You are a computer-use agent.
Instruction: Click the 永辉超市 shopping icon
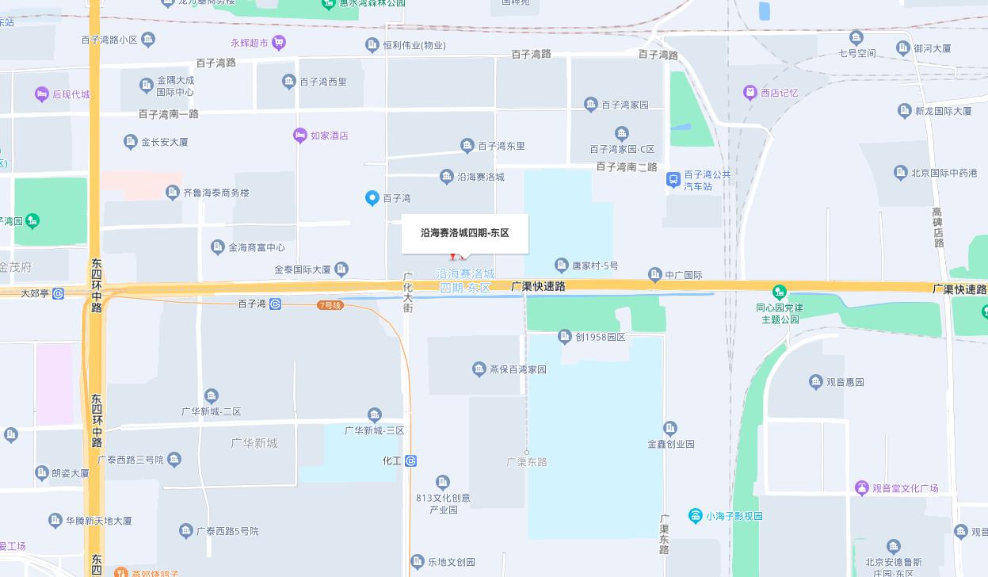point(277,43)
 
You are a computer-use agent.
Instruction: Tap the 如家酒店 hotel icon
point(299,136)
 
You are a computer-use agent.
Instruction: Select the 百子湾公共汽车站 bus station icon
point(673,180)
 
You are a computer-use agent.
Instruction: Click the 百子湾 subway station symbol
point(275,304)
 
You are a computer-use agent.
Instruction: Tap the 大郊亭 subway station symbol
point(58,293)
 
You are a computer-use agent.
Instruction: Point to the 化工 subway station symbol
point(410,460)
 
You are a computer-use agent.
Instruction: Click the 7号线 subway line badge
point(330,305)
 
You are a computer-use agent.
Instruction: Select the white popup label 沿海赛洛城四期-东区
point(464,233)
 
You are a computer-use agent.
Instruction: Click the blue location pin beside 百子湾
point(372,198)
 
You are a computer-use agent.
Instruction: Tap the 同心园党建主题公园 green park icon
point(780,292)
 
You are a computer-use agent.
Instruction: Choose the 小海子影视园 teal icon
point(695,516)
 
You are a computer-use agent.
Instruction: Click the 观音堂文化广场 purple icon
point(862,488)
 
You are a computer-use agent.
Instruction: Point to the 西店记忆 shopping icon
point(750,93)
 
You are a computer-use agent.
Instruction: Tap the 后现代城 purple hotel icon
point(42,94)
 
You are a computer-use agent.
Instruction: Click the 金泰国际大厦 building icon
point(341,269)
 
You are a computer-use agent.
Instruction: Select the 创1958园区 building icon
point(565,337)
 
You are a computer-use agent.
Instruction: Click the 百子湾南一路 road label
point(169,114)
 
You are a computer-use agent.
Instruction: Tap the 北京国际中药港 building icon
point(900,172)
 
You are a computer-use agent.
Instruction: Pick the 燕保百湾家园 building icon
point(479,369)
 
